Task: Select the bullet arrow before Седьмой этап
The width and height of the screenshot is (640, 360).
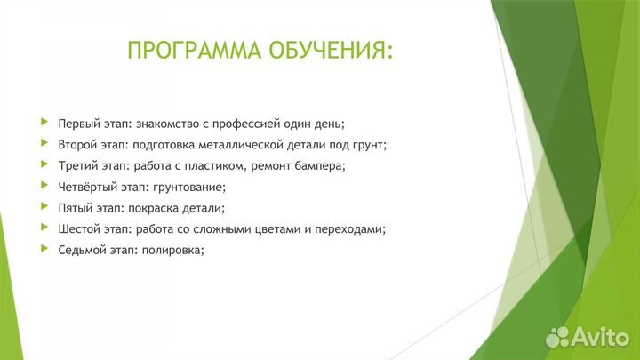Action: click(x=44, y=250)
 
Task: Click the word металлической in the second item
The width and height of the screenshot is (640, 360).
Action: click(x=248, y=144)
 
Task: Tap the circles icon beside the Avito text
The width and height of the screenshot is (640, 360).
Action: click(x=557, y=337)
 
